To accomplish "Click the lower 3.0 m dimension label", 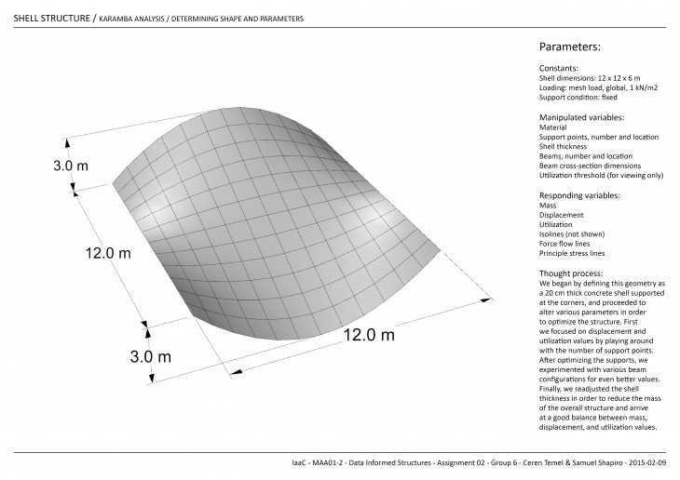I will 150,355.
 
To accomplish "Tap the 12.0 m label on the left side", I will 109,252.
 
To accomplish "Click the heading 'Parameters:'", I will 569,47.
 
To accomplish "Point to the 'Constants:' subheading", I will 559,69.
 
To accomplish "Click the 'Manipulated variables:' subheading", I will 581,117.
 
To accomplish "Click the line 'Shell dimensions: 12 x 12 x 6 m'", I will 589,79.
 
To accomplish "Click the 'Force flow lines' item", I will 565,244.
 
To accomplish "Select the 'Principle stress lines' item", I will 572,253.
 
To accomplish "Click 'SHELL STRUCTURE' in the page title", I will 52,18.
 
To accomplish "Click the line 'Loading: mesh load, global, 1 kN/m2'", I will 596,88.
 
